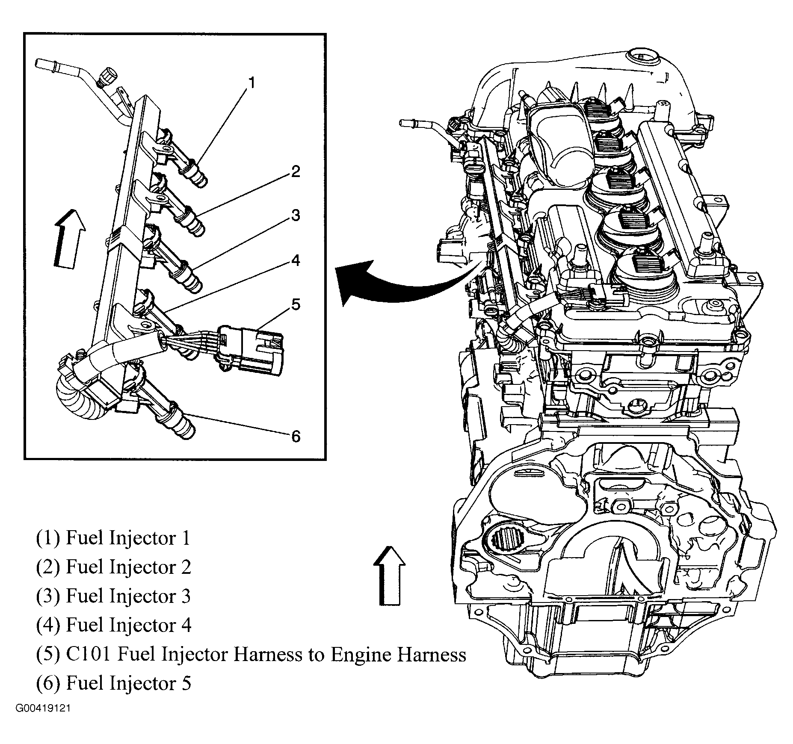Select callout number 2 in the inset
295,172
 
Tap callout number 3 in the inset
295,215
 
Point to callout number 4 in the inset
295,260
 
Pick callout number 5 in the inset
296,304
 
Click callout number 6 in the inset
296,437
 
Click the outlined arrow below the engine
389,575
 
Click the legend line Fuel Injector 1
113,538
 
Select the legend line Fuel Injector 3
113,596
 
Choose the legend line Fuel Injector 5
113,683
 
